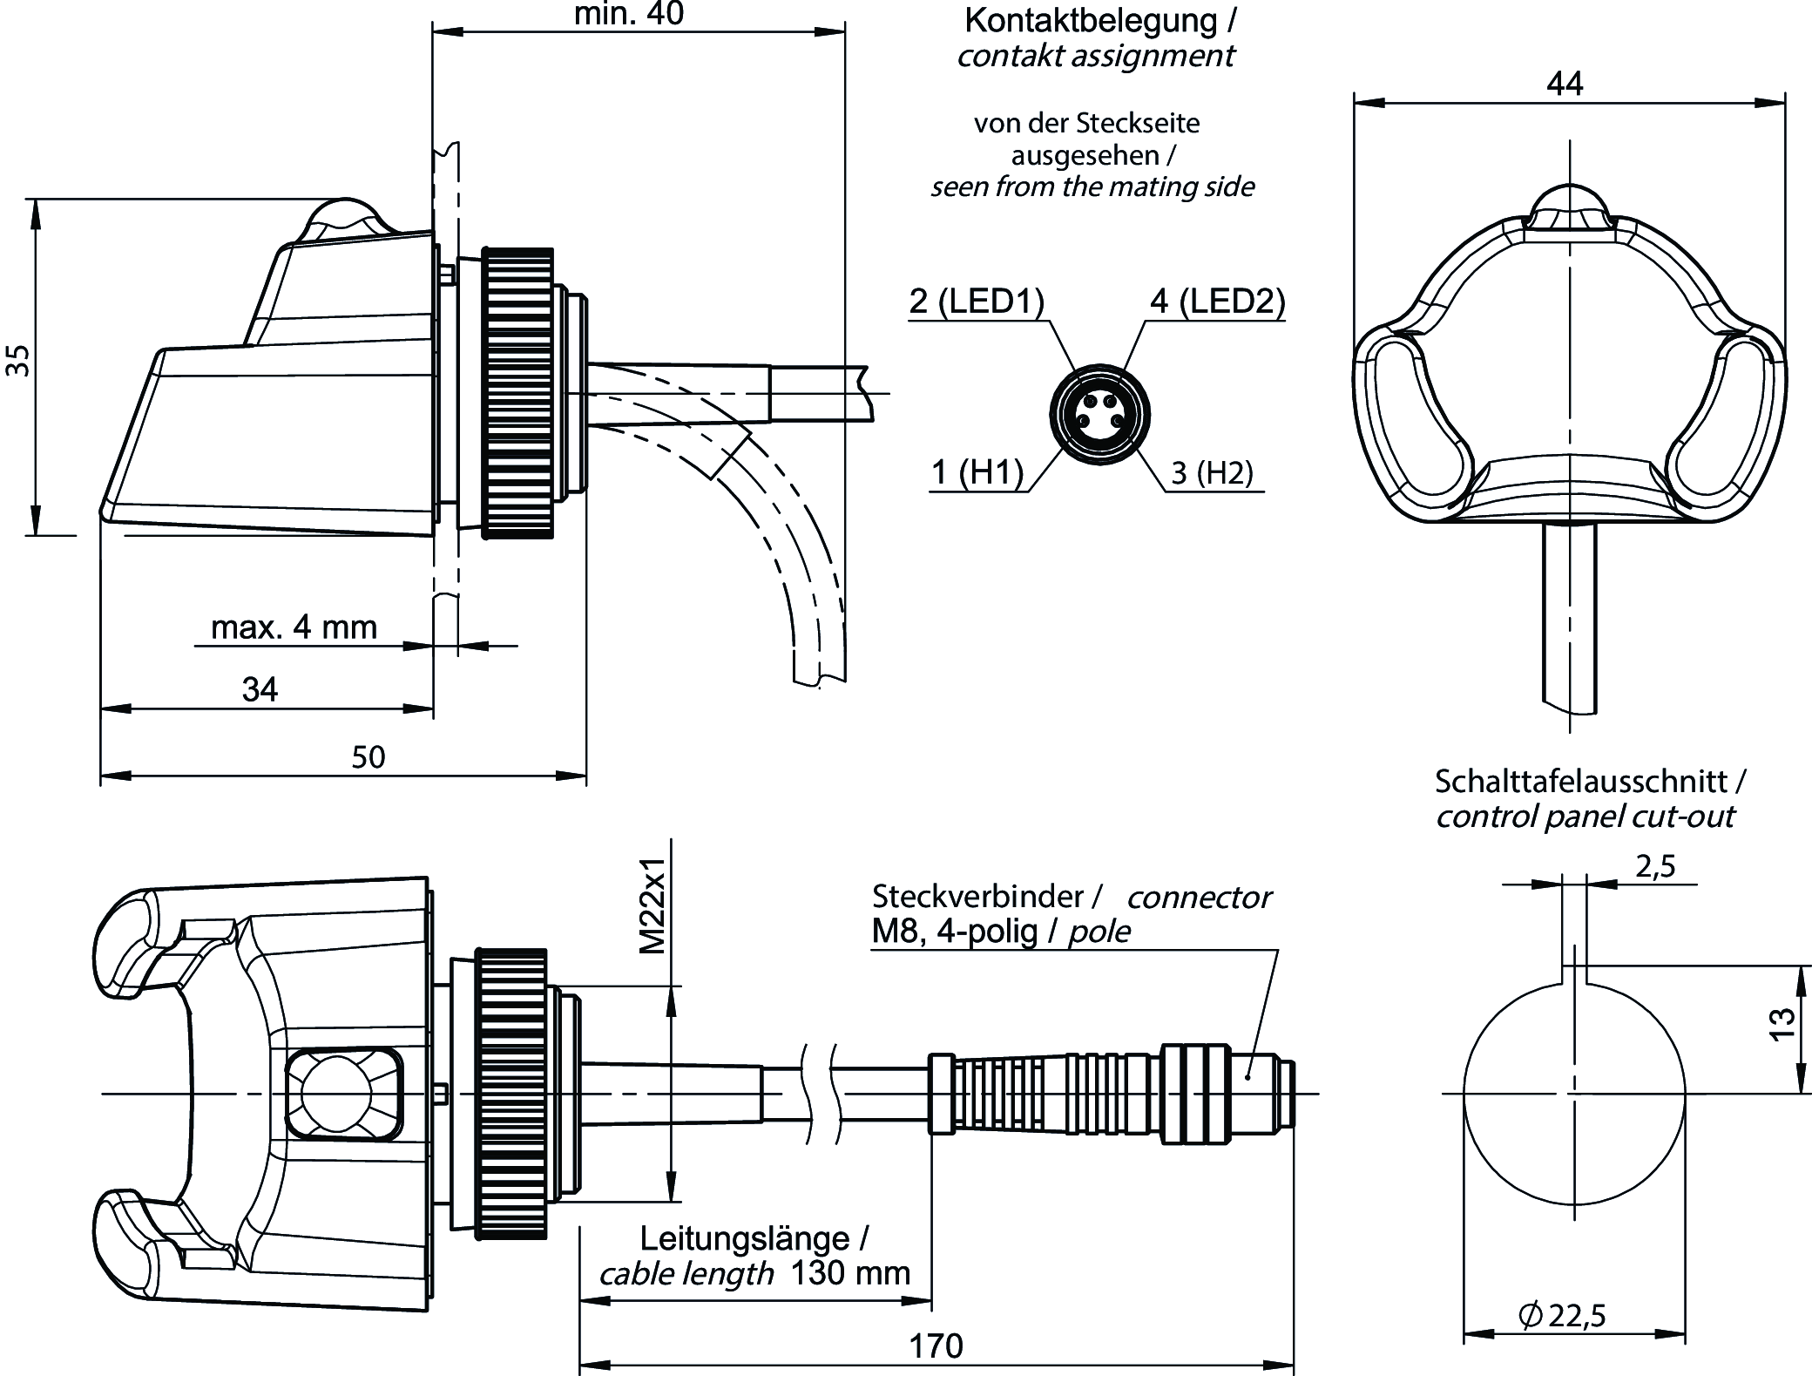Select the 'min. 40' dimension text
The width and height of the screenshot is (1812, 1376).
pyautogui.click(x=629, y=14)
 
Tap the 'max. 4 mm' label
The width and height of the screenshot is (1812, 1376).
pyautogui.click(x=294, y=627)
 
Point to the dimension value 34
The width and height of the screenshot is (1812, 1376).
pyautogui.click(x=260, y=690)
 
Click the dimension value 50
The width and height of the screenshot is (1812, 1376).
pyautogui.click(x=368, y=756)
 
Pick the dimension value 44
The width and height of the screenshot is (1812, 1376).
pyautogui.click(x=1565, y=84)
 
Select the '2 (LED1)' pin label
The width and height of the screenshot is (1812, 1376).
pyautogui.click(x=976, y=301)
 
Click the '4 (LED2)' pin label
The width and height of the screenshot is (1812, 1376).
pyautogui.click(x=1217, y=301)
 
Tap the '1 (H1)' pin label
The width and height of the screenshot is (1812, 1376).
pyautogui.click(x=977, y=472)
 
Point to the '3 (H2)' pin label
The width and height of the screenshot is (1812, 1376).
pyautogui.click(x=1212, y=472)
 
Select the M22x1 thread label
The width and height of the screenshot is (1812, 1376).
pyautogui.click(x=652, y=906)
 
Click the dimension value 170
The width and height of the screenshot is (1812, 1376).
pyautogui.click(x=936, y=1346)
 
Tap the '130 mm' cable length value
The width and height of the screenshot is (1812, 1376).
pyautogui.click(x=849, y=1273)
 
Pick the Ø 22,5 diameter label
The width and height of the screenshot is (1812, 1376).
pyautogui.click(x=1562, y=1315)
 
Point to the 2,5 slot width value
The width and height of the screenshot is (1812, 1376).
pyautogui.click(x=1655, y=866)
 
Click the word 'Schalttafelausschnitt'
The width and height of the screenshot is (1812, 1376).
pyautogui.click(x=1580, y=781)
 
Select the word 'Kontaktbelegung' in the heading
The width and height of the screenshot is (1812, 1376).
pyautogui.click(x=1090, y=20)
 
